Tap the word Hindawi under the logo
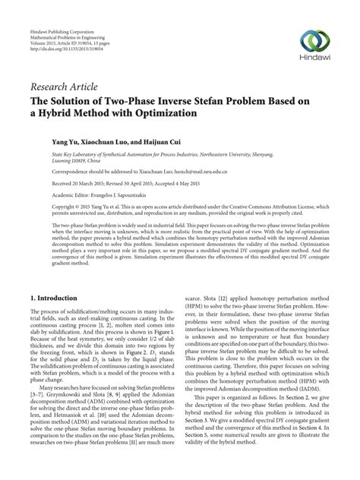[317, 58]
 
